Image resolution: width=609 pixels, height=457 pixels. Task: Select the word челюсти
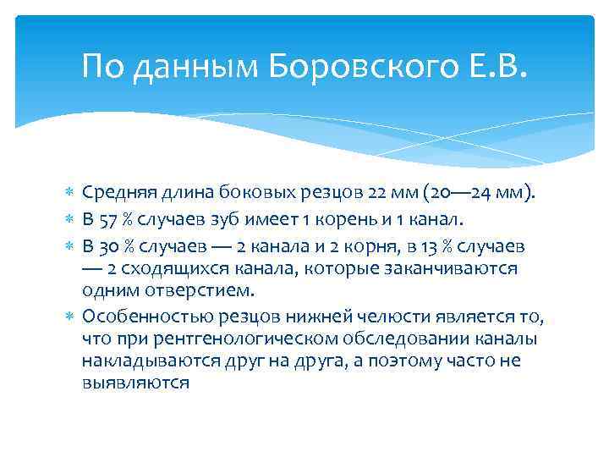(376, 317)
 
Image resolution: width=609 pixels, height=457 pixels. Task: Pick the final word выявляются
(136, 383)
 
